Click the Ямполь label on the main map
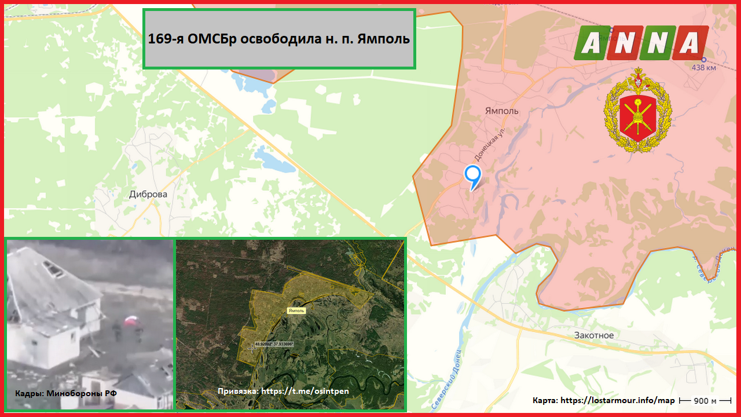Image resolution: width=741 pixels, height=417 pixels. (x=501, y=111)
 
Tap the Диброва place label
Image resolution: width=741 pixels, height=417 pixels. (x=148, y=194)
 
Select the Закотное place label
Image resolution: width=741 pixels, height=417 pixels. (x=594, y=335)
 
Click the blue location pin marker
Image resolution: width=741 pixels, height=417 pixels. (x=473, y=176)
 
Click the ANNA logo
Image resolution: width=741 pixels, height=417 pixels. (x=641, y=43)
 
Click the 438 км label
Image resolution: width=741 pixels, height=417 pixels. (x=703, y=68)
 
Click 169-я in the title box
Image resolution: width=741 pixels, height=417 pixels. (x=167, y=39)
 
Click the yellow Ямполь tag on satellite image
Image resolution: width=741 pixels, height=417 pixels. (x=296, y=310)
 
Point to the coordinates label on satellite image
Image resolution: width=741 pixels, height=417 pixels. (x=274, y=343)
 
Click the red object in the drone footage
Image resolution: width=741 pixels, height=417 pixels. (x=131, y=320)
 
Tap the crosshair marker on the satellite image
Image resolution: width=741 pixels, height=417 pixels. (x=253, y=348)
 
